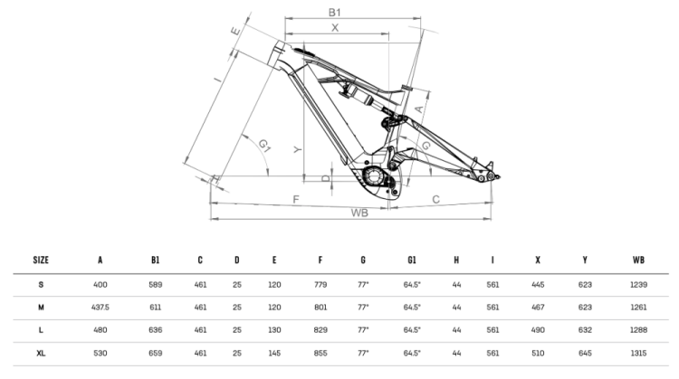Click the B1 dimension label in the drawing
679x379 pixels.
click(334, 12)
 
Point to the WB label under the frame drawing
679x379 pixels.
click(359, 213)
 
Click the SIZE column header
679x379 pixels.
click(41, 260)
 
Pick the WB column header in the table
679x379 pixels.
click(639, 260)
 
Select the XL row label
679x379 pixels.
click(41, 354)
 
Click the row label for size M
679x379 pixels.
click(41, 307)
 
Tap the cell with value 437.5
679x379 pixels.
click(100, 307)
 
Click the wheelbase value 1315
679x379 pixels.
click(639, 354)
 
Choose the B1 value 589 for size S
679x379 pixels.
click(155, 284)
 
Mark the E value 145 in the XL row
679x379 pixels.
click(273, 354)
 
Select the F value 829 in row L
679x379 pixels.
click(320, 330)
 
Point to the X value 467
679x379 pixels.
click(538, 307)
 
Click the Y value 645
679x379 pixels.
click(585, 354)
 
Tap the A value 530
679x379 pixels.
click(100, 354)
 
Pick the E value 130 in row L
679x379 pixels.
click(273, 330)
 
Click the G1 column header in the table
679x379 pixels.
click(412, 260)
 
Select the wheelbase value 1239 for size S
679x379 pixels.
click(639, 284)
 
